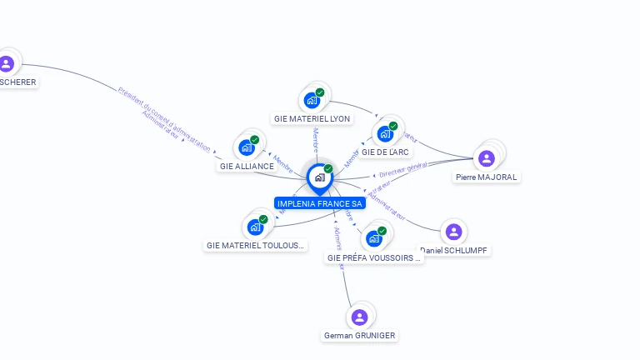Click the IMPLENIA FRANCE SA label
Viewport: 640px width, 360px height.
320,203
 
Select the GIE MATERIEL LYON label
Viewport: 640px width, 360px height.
312,118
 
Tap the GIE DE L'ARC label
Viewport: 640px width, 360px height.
385,152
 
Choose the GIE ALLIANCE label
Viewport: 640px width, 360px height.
247,166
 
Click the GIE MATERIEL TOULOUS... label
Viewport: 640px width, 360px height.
256,245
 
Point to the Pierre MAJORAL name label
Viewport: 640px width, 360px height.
487,177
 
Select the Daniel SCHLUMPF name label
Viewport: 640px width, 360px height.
454,250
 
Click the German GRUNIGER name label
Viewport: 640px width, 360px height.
360,335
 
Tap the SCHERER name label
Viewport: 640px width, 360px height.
18,82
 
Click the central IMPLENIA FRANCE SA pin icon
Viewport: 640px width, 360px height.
319,177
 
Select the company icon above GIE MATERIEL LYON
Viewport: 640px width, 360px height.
312,100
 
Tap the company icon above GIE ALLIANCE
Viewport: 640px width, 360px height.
247,147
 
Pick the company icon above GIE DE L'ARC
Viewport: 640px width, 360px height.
386,133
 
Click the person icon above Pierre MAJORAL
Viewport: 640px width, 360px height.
487,158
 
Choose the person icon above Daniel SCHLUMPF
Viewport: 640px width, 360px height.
453,232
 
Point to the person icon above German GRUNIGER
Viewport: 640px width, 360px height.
360,317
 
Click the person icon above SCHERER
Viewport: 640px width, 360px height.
7,63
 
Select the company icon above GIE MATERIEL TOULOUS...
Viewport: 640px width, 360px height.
256,227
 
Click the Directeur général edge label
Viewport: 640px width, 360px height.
403,170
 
